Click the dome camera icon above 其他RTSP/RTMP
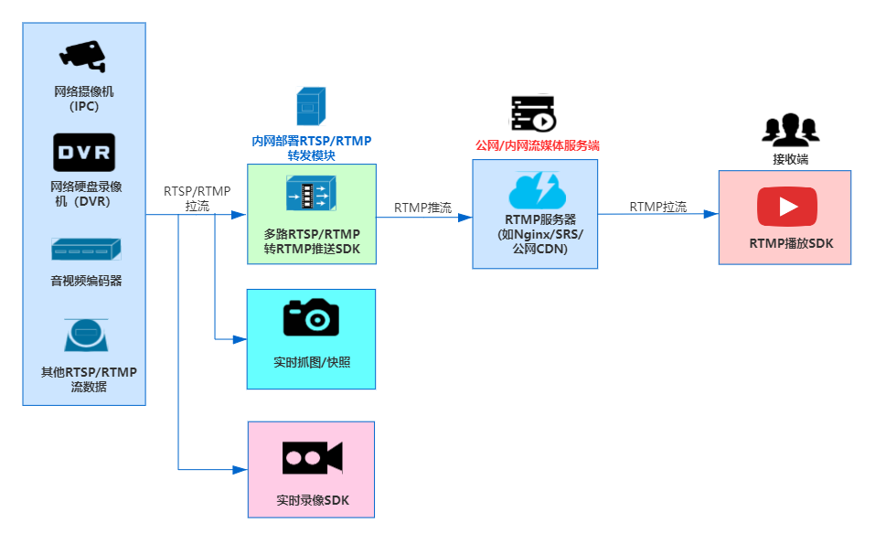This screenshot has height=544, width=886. (85, 336)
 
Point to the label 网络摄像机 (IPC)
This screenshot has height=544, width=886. (84, 99)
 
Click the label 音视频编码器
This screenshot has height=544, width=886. (86, 281)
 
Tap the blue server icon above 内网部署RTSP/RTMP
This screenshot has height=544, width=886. (311, 105)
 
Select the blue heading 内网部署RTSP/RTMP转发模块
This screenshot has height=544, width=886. (312, 148)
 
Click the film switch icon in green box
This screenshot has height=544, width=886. (311, 194)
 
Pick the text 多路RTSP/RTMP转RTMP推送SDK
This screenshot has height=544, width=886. (312, 240)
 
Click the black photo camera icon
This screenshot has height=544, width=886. (311, 317)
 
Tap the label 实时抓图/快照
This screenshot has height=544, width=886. (312, 362)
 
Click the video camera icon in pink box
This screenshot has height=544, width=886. (312, 457)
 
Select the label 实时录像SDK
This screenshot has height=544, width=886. (312, 500)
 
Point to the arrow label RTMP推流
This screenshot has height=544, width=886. (422, 208)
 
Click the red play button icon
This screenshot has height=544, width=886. (786, 206)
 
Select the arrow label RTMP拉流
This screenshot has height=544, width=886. (657, 207)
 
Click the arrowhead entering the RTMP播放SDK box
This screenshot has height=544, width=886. (710, 214)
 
